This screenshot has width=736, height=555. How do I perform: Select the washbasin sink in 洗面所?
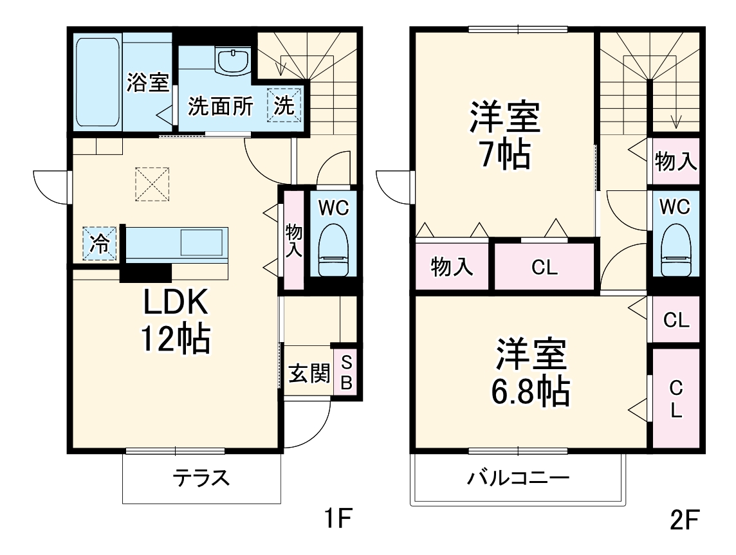click(x=233, y=62)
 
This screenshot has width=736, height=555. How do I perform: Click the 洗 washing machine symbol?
click(x=284, y=104)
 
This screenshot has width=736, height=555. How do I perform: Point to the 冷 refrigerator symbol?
click(x=100, y=243)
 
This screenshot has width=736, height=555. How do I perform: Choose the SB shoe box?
click(x=345, y=372)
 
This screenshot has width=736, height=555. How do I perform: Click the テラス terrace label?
click(x=201, y=478)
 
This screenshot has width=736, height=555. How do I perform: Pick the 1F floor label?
click(x=337, y=518)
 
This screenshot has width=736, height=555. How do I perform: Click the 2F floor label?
click(x=683, y=520)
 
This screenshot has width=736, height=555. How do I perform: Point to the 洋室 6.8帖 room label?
click(x=531, y=372)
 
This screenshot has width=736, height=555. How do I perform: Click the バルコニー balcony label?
click(x=518, y=478)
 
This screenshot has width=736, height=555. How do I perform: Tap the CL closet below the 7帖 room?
click(x=544, y=268)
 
